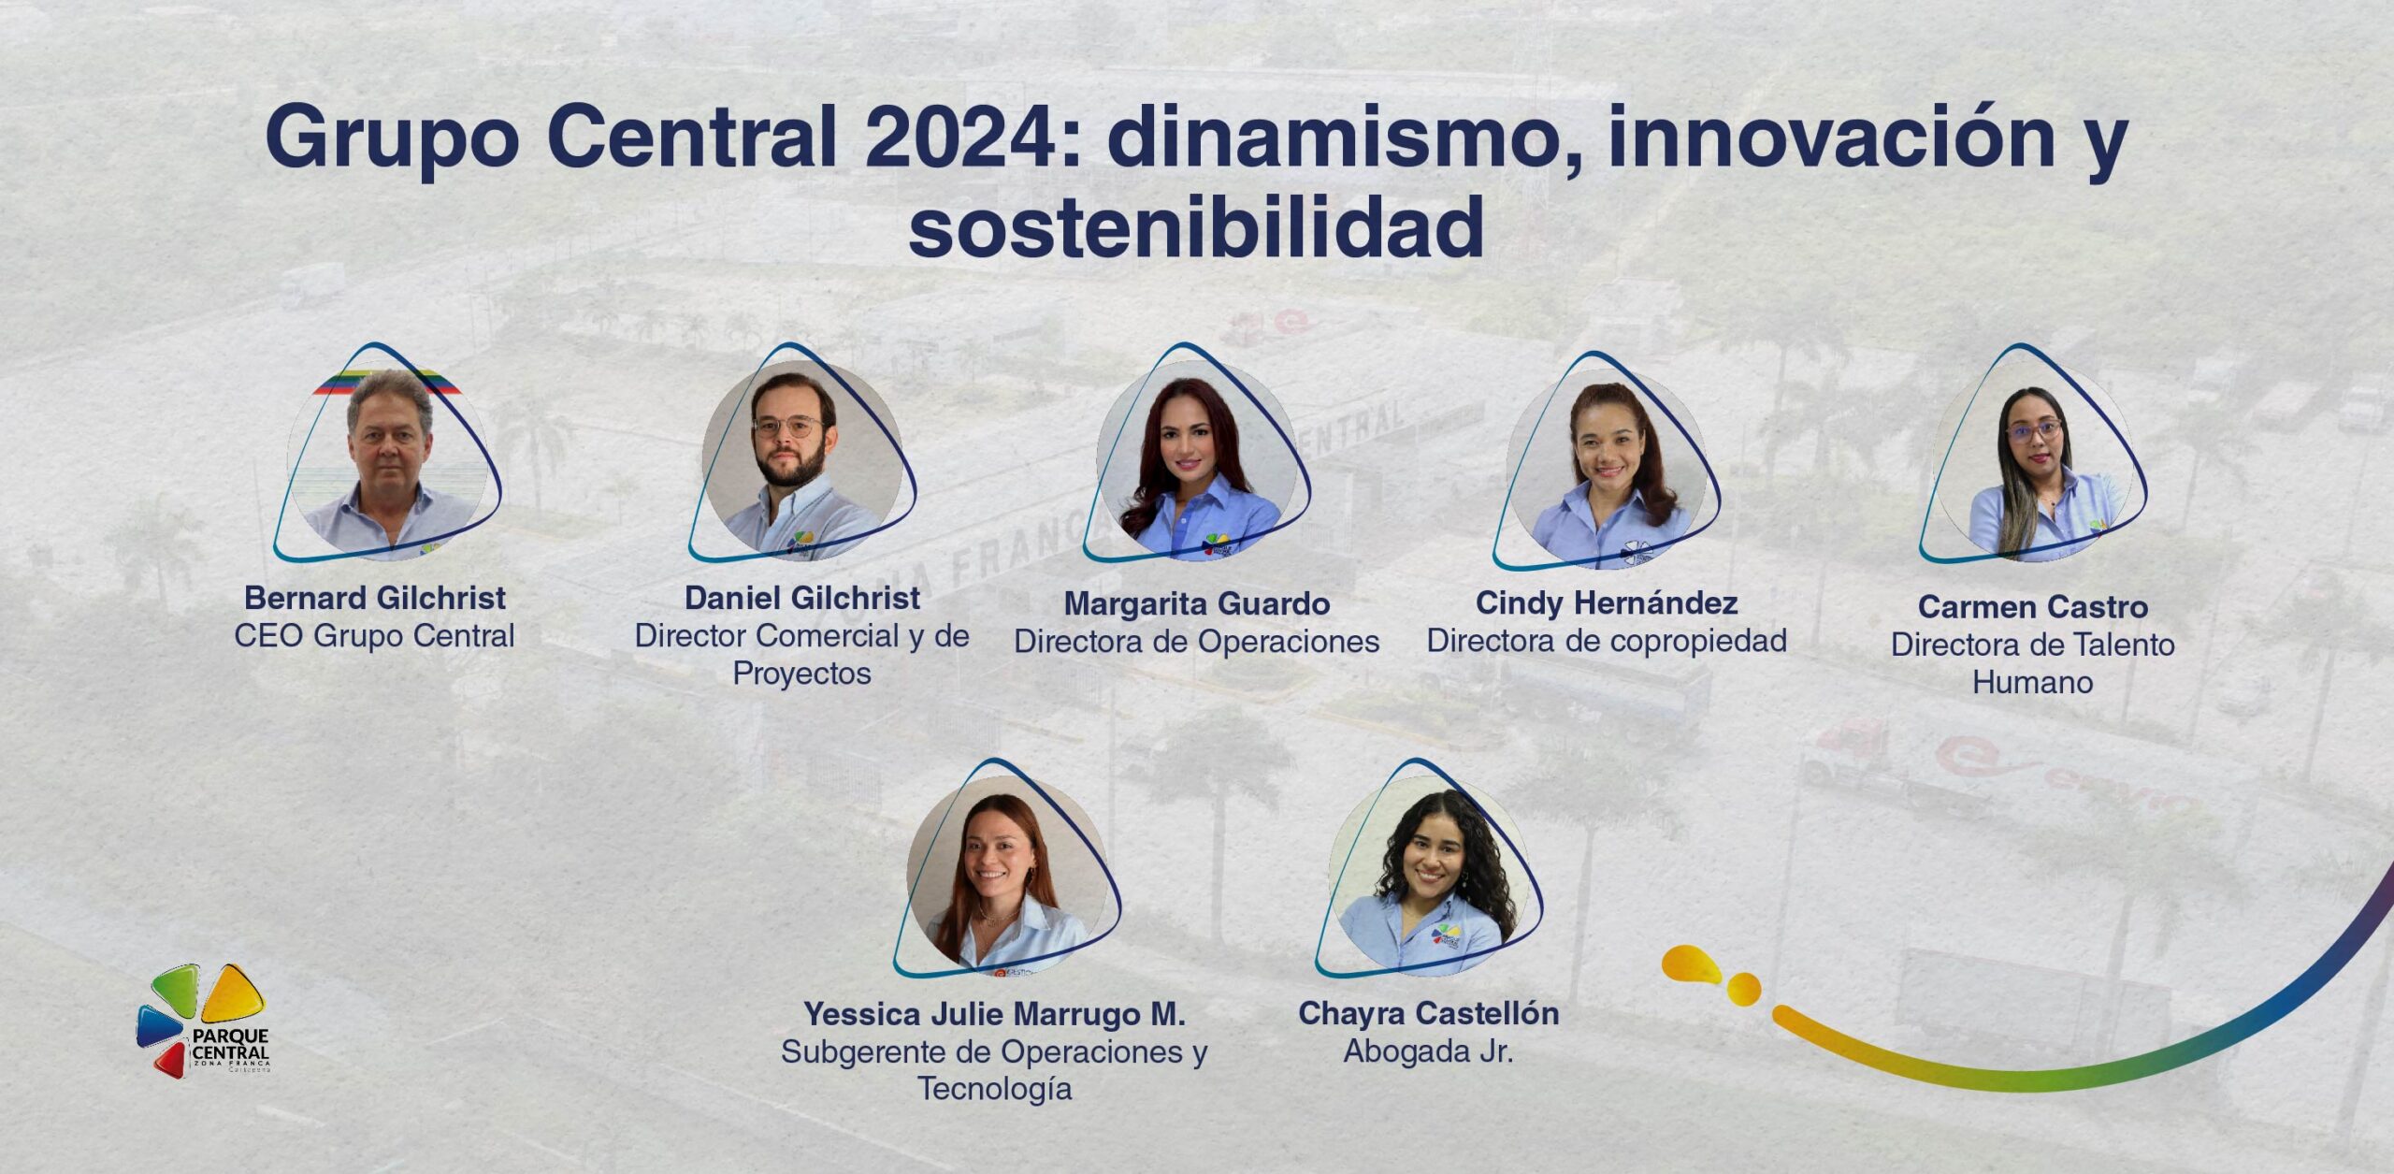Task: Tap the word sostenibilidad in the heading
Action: click(1196, 227)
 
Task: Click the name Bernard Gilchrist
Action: click(374, 598)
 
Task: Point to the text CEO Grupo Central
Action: click(374, 636)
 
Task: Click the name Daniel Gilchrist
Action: click(802, 598)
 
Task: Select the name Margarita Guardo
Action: click(1197, 604)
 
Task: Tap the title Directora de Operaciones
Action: click(1197, 642)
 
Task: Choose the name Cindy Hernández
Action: click(1607, 603)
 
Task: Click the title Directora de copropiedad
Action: click(1607, 641)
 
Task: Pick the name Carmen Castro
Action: click(2033, 607)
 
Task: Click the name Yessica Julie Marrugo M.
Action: click(994, 1014)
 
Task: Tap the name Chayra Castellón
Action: click(1428, 1013)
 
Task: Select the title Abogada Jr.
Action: click(1428, 1051)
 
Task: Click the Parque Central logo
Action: click(203, 1021)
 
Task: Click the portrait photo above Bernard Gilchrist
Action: click(387, 460)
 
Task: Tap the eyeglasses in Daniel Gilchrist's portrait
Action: click(788, 428)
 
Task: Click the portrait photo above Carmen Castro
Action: click(2032, 461)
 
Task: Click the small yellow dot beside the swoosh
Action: click(1743, 989)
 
